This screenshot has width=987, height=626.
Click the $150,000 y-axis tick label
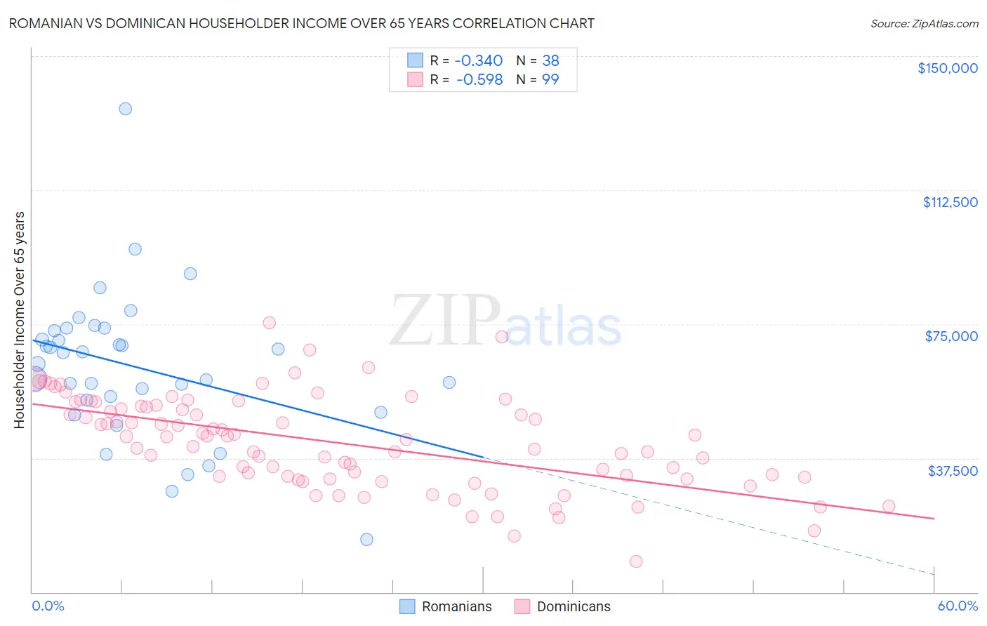coord(947,68)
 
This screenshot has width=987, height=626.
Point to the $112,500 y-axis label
coord(950,202)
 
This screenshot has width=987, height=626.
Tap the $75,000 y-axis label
coord(951,336)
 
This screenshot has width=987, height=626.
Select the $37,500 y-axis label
coord(953,471)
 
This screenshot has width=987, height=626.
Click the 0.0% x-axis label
coord(48,606)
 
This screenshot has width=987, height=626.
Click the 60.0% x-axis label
coord(958,606)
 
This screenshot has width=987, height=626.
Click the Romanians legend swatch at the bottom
coord(407,606)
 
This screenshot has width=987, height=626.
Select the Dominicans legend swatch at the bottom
coord(522,606)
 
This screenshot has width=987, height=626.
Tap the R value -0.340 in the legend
coord(479,61)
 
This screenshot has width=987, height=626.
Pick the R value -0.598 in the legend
coord(479,80)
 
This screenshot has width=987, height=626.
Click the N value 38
coord(550,61)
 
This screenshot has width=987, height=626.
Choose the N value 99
coord(550,80)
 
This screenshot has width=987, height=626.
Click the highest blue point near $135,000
coord(125,109)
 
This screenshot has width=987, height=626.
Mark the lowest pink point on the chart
coord(636,561)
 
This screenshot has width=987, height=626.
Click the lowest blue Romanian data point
coord(366,540)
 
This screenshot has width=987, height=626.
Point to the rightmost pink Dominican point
coord(889,506)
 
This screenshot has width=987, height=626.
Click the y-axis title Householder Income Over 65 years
coord(20,320)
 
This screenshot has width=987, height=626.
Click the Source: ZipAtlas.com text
coord(924,24)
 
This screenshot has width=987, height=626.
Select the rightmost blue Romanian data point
coord(449,382)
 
